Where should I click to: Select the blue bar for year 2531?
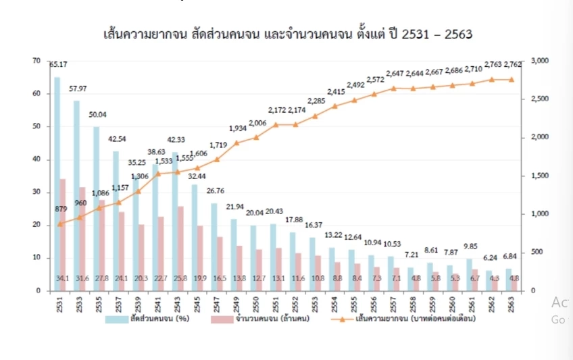tap(57, 182)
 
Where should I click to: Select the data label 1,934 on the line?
tap(238, 128)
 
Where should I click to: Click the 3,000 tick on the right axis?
tap(542, 61)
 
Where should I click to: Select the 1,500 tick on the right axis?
tap(542, 176)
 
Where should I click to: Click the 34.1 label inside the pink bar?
tap(62, 278)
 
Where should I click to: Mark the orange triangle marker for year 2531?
tap(59, 223)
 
